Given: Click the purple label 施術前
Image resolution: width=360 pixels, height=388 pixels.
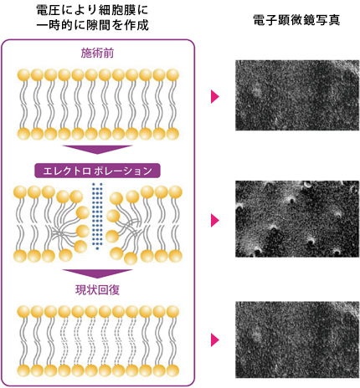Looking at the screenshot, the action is pos(97,53).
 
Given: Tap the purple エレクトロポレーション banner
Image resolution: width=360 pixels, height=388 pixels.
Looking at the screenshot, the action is pos(97,171).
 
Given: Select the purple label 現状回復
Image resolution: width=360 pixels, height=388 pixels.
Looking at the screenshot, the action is pos(97,290).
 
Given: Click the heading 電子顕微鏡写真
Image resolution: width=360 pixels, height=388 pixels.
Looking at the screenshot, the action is pos(297,20).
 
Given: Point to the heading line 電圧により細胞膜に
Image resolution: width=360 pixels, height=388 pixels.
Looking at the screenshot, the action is pos(92,10).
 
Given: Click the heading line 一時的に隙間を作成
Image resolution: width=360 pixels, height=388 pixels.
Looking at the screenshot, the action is pos(92,25).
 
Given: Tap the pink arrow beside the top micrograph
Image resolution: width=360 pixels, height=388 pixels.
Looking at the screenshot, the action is pos(215,96).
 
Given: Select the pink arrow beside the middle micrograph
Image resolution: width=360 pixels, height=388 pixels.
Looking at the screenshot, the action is pos(215,220).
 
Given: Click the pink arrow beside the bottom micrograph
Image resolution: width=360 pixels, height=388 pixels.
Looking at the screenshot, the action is pos(215,339).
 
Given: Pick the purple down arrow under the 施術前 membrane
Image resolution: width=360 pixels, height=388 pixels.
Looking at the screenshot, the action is pos(97,149).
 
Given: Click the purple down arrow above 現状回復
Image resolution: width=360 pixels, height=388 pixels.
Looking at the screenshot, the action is pos(97,273).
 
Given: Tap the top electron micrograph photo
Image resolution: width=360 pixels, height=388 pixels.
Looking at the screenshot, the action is pos(297,95).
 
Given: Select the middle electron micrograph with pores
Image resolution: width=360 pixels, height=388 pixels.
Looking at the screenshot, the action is pos(297,219).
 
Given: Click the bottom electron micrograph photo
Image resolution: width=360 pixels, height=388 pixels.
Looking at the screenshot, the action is pos(297,339).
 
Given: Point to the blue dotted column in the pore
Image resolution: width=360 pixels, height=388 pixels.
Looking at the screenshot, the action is pos(97,217).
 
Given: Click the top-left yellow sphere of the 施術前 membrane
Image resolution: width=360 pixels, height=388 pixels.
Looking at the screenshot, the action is pos(23,75).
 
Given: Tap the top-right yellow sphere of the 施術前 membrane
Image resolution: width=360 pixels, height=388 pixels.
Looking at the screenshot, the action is pos(172,75).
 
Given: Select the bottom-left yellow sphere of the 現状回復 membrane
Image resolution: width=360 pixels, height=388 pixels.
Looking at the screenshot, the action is pos(23,370).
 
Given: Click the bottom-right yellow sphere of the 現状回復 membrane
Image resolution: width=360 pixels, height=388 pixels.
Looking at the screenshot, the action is pos(172,370).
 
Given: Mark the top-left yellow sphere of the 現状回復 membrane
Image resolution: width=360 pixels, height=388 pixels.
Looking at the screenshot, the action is pos(23,311).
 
